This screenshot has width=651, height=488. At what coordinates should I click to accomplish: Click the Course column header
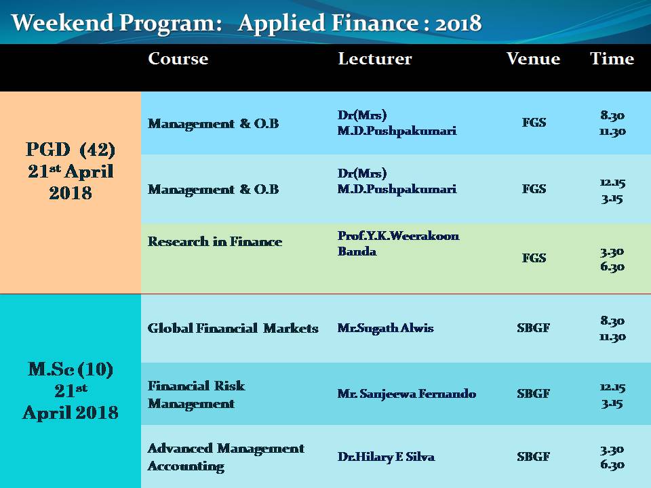[x=178, y=58]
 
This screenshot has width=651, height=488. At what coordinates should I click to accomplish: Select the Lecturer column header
[x=375, y=58]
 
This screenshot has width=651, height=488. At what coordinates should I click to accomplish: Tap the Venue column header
[x=533, y=58]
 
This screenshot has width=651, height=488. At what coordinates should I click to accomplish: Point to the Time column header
[x=612, y=58]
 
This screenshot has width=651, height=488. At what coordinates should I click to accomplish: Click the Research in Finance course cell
[x=215, y=241]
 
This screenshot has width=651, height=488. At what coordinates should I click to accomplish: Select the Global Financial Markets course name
[x=233, y=328]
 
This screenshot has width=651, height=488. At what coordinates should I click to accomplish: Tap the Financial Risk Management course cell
[x=197, y=394]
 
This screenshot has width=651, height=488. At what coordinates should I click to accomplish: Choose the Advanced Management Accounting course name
[x=226, y=457]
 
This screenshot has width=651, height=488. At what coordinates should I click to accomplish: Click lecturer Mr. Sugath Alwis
[x=385, y=328]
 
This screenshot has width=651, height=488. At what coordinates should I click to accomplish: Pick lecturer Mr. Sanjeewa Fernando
[x=406, y=393]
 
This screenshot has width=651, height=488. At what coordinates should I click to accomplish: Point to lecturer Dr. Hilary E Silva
[x=386, y=457]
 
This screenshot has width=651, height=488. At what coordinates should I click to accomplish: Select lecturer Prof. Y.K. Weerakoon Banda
[x=398, y=243]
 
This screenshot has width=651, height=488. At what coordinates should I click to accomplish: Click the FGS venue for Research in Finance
[x=534, y=258]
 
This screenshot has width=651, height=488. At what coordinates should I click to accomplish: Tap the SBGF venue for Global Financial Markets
[x=534, y=328]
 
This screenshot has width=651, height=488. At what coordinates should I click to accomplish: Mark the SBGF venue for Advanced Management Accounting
[x=534, y=457]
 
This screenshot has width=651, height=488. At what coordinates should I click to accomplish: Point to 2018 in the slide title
[x=458, y=24]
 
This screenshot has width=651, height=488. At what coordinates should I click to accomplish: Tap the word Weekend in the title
[x=62, y=22]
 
